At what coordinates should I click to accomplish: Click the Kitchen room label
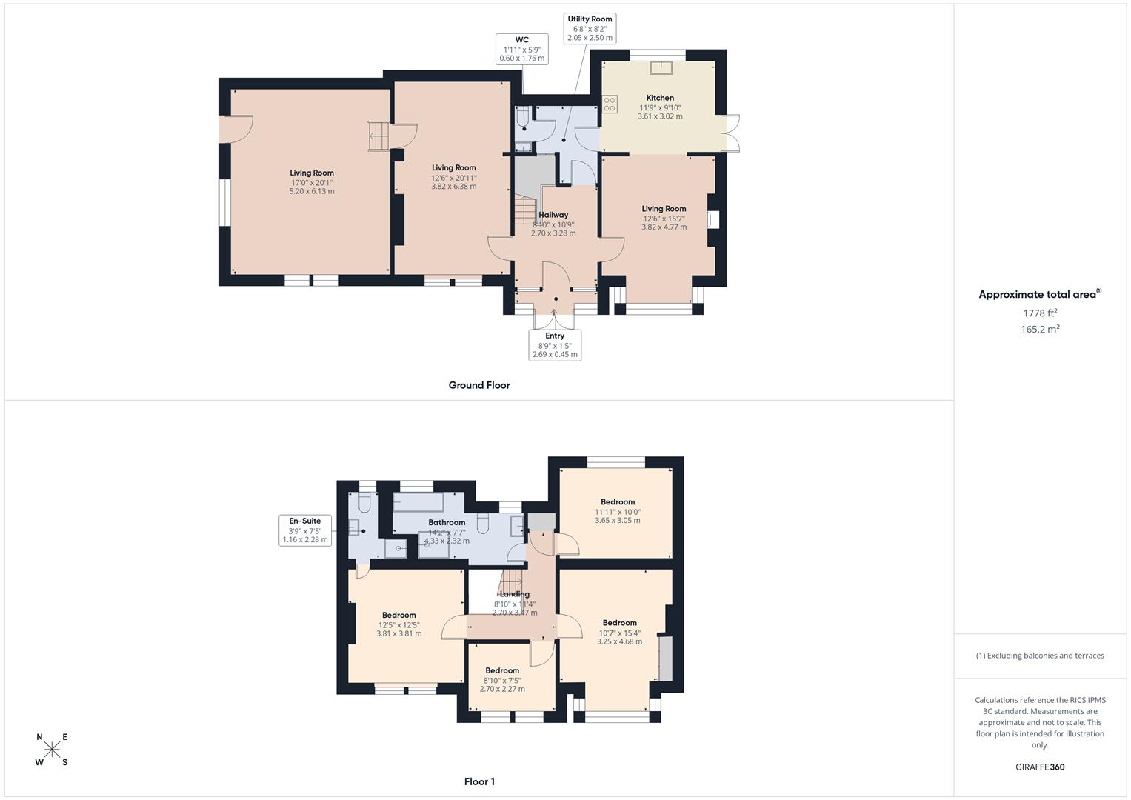coord(660,98)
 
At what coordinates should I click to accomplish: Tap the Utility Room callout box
coord(590,28)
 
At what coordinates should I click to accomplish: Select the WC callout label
coord(521,49)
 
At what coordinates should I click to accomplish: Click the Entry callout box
coord(555,345)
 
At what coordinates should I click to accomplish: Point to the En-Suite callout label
coord(305,530)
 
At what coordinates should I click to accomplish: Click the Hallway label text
coord(553,215)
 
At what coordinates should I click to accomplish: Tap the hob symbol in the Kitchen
coord(610,104)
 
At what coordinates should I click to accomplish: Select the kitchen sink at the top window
coord(659,68)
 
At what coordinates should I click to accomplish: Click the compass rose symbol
coord(52,750)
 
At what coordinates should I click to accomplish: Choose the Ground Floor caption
coord(479,385)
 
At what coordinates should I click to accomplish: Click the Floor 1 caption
coord(479,781)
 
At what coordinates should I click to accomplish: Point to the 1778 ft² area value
coord(1040,313)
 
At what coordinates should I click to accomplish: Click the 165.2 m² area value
coord(1040,330)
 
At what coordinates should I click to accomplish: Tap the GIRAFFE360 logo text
coord(1040,767)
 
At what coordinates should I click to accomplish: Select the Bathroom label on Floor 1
coord(447,523)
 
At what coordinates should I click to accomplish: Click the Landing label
coord(515,594)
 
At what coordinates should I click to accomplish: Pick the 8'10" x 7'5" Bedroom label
coord(502,670)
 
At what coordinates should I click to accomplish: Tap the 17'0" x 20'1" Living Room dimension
coord(312,182)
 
